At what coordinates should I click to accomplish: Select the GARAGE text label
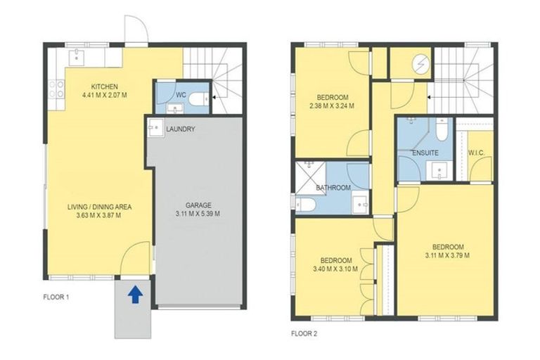198,206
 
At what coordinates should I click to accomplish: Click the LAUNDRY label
181,129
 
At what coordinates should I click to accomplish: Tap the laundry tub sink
155,128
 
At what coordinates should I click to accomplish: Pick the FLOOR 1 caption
56,297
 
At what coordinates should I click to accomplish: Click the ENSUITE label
425,151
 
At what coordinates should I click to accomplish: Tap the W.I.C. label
477,153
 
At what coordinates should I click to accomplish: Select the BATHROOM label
333,188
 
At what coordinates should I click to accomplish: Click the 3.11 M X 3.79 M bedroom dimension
448,251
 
